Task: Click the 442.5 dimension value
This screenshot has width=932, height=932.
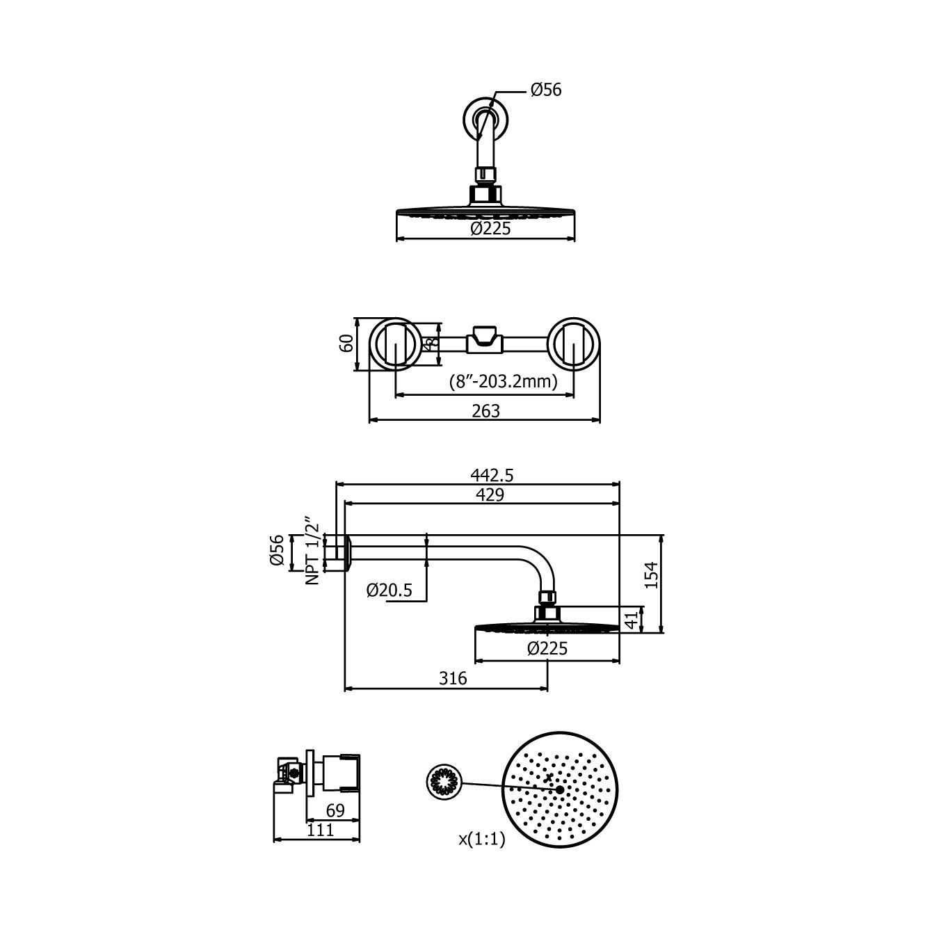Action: (492, 476)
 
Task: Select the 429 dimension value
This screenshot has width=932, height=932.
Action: (490, 495)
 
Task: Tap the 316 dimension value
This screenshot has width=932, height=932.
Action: (453, 679)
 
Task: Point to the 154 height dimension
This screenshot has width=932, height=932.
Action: (652, 575)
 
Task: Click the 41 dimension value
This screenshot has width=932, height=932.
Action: (632, 620)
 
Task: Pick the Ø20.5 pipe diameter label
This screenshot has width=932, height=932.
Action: (389, 590)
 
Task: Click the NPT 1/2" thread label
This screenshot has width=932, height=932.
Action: (313, 554)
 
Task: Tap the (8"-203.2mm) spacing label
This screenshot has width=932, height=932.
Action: (503, 382)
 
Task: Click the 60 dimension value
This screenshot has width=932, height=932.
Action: (347, 343)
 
